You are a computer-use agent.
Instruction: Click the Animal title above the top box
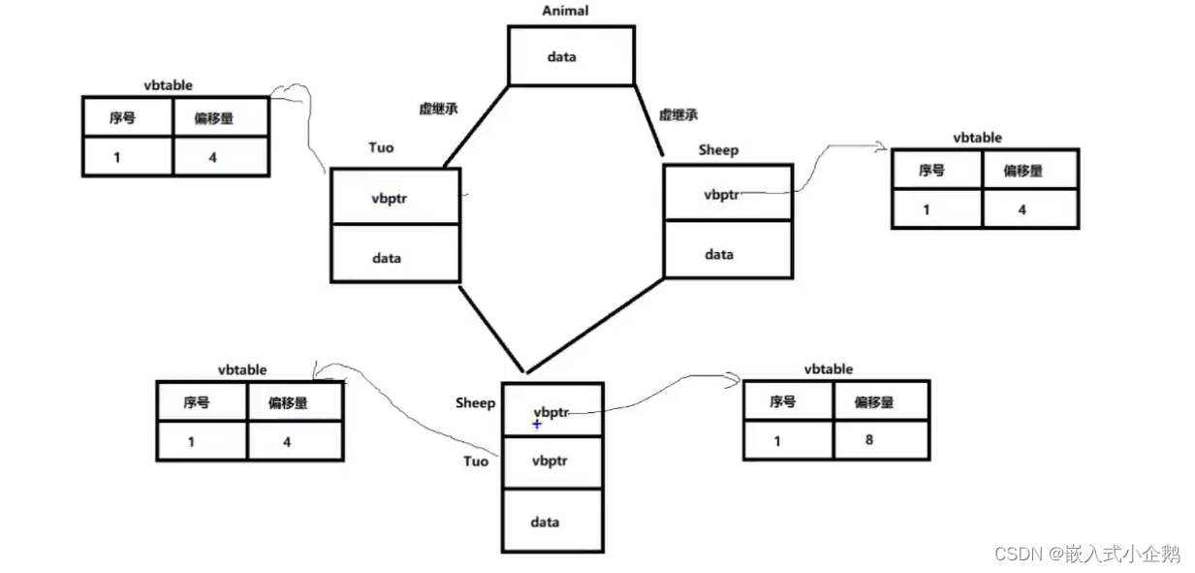point(565,11)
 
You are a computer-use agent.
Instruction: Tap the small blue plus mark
point(537,425)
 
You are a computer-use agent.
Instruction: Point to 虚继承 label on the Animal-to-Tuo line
point(438,110)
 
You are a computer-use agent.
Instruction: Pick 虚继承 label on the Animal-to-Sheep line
point(679,114)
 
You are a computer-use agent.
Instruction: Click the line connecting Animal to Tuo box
point(475,126)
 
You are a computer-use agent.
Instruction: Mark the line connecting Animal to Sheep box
point(647,118)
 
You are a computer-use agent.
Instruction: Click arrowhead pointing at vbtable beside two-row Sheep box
point(884,147)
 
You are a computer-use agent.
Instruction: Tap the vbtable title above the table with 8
point(828,369)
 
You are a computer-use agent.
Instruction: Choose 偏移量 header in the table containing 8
point(880,401)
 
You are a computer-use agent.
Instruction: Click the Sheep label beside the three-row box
point(475,403)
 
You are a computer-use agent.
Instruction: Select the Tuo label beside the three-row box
point(476,462)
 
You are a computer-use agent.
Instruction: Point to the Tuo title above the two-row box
point(381,147)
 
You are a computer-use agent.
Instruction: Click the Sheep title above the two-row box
point(717,150)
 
